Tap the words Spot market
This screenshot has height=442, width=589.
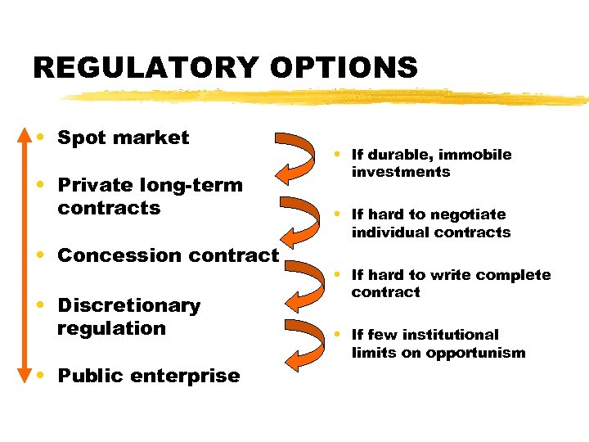click(x=123, y=138)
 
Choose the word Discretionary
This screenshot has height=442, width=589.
click(x=128, y=306)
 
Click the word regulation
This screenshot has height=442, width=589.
click(x=111, y=328)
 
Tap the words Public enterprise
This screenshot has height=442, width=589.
click(x=148, y=377)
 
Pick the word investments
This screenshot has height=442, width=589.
click(x=401, y=172)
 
